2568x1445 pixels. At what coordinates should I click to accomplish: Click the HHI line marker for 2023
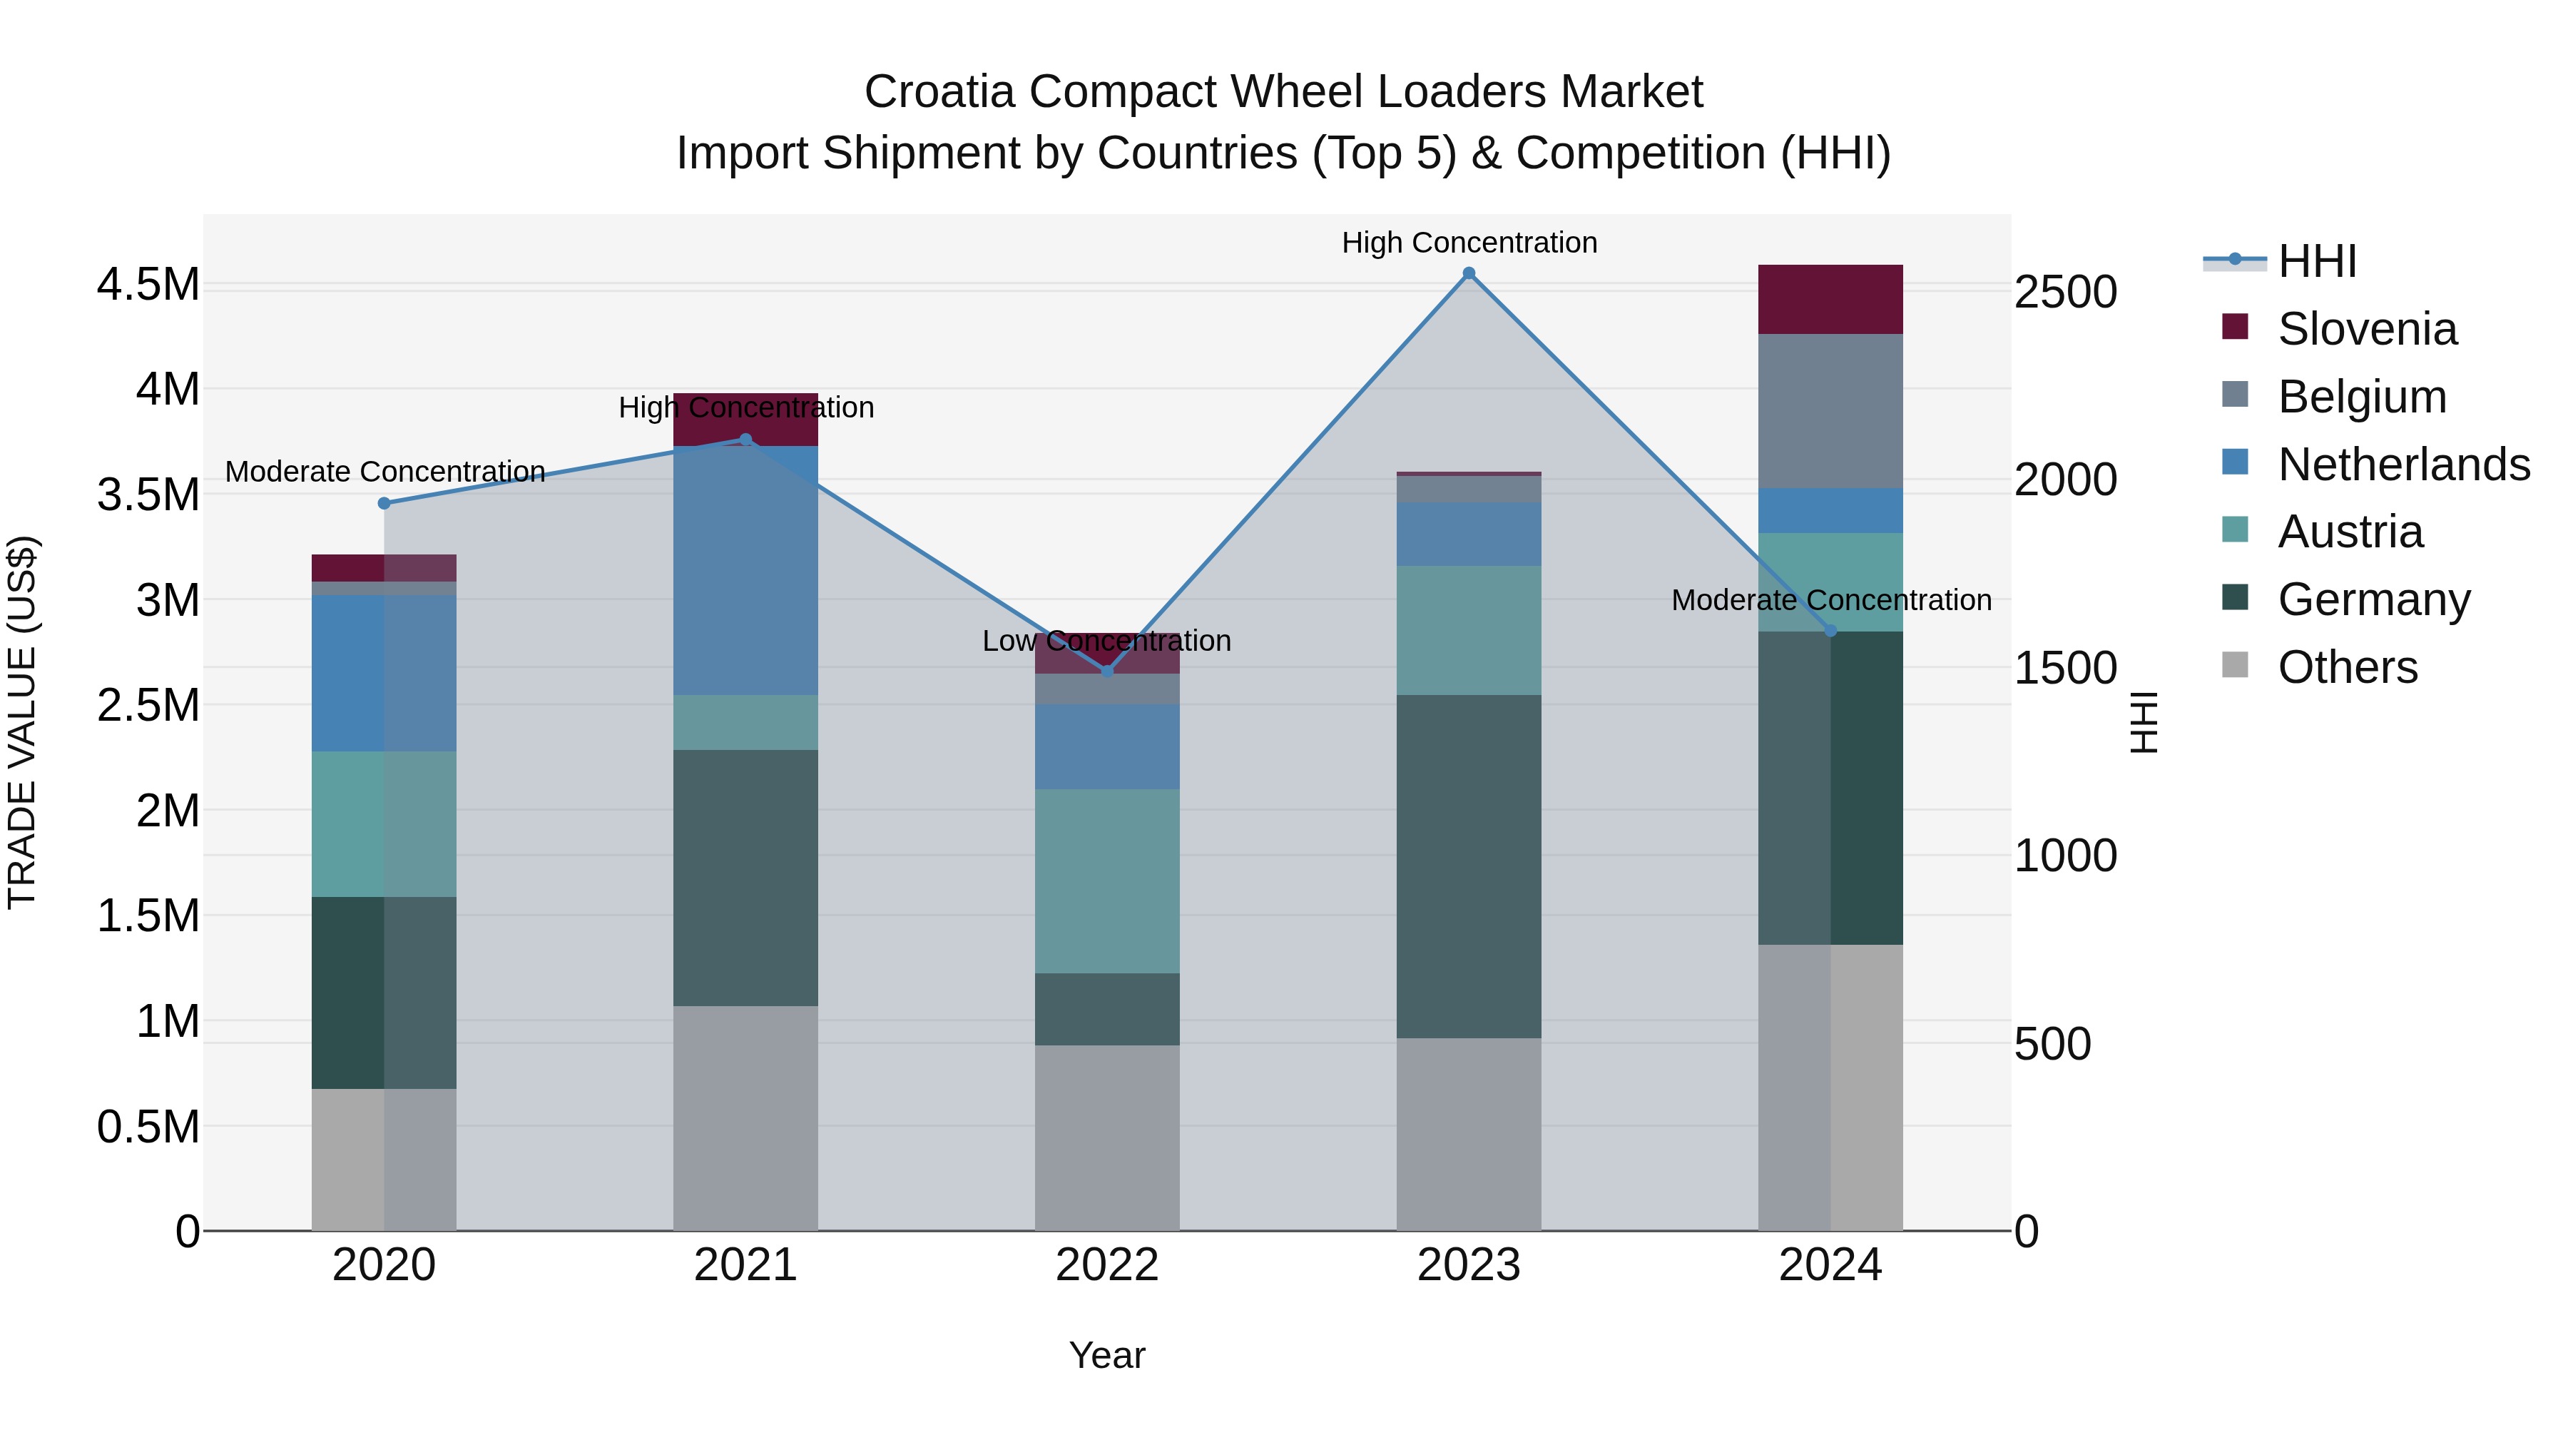click(x=1469, y=273)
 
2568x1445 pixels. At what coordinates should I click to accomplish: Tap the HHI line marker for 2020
click(x=384, y=504)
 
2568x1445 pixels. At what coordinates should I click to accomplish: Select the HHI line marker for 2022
click(x=1106, y=672)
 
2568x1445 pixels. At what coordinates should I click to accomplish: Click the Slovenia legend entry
click(x=2367, y=329)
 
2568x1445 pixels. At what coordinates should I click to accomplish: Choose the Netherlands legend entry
click(x=2403, y=465)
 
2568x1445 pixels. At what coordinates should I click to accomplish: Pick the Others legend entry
click(x=2347, y=667)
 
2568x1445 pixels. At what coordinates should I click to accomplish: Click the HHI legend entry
click(x=2317, y=261)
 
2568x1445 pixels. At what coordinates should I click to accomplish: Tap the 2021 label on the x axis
click(x=745, y=1265)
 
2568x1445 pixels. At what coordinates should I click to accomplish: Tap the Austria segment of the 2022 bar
click(x=1106, y=881)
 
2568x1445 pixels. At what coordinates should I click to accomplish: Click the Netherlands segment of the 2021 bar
click(x=745, y=570)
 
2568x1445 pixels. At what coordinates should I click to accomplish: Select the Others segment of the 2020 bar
click(x=384, y=1159)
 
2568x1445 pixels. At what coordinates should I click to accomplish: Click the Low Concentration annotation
click(x=1106, y=642)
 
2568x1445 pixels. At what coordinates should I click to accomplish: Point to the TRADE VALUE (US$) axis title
click(x=23, y=723)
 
